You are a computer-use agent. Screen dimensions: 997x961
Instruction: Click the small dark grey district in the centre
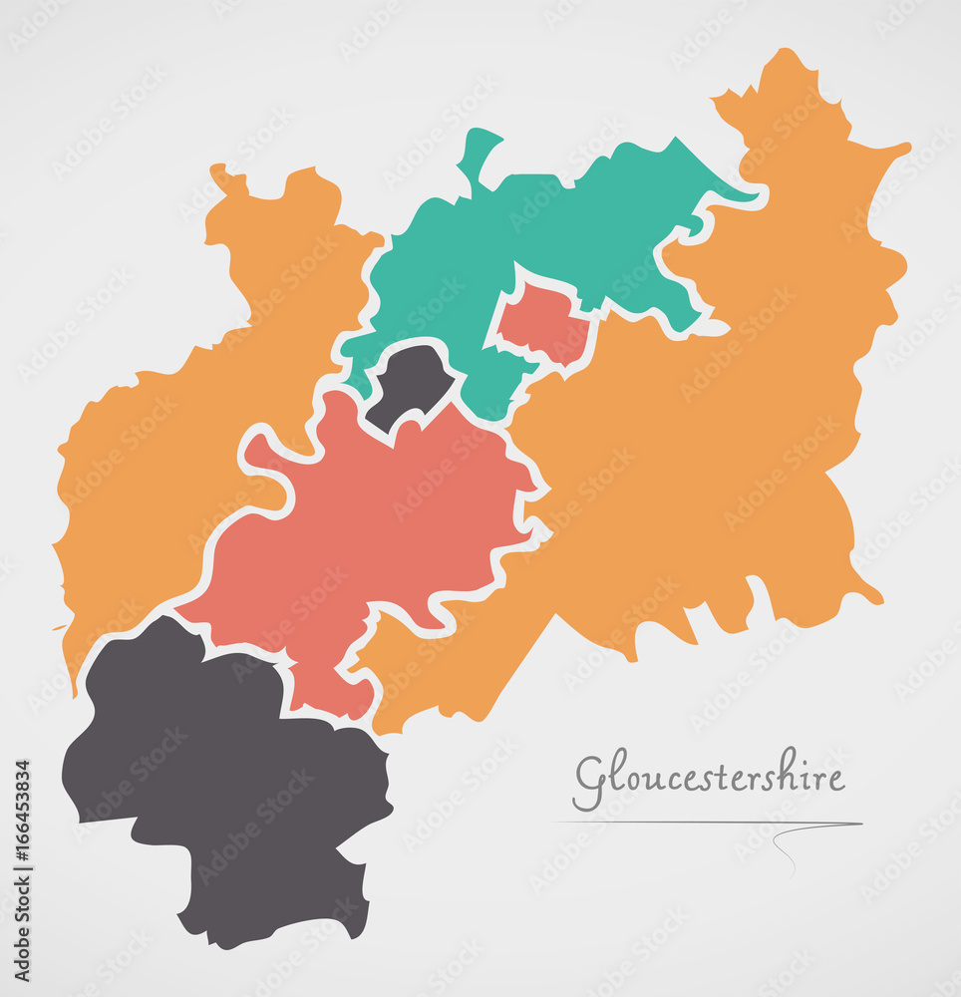pyautogui.click(x=411, y=384)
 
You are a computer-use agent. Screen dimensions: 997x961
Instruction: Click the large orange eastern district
pyautogui.click(x=718, y=429)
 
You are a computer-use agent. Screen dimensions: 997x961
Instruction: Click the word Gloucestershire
pyautogui.click(x=709, y=779)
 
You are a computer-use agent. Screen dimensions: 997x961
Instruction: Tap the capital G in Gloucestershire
pyautogui.click(x=589, y=782)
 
